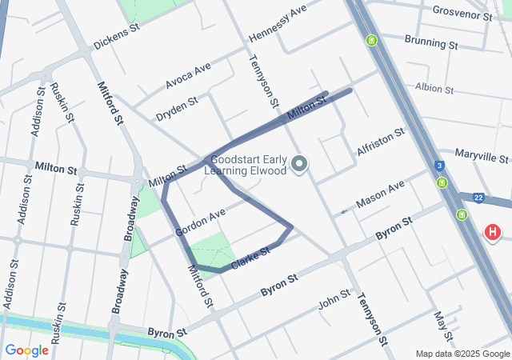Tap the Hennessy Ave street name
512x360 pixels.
[278, 23]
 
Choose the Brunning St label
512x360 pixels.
[430, 41]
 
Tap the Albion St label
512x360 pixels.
[434, 89]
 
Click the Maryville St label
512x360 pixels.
[482, 153]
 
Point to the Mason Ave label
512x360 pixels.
[380, 194]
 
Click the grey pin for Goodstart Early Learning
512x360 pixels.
[300, 165]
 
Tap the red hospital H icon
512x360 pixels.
[492, 233]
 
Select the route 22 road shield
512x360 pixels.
[477, 197]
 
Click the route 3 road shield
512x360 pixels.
[440, 166]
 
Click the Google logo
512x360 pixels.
[26, 350]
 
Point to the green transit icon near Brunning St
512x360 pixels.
[371, 40]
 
